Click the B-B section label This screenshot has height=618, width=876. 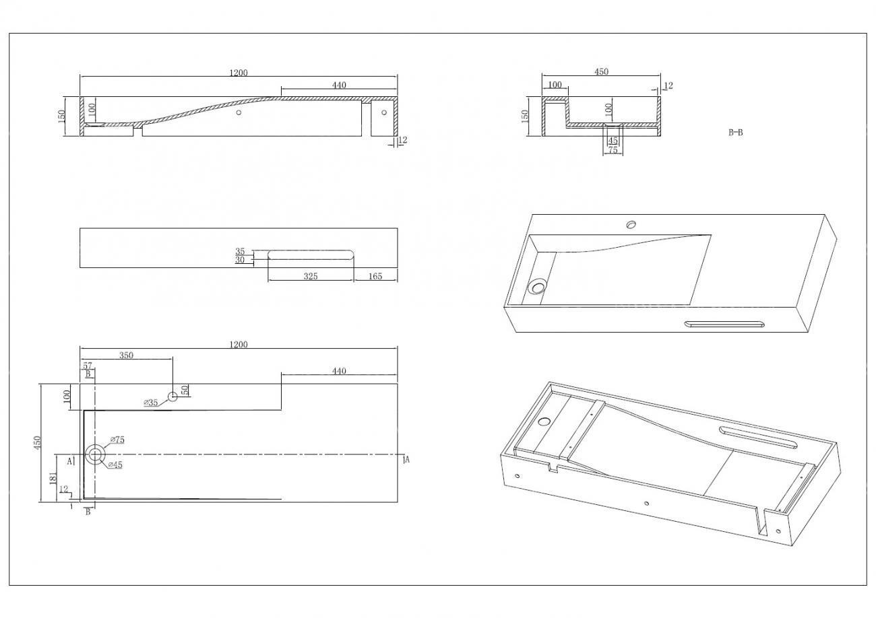coord(735,133)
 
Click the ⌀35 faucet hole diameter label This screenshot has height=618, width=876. coord(150,403)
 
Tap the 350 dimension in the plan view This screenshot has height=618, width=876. coord(126,355)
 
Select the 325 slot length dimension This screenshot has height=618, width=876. coord(311,276)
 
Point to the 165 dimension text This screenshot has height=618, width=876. coord(375,276)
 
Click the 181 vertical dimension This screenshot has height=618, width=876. coord(54,478)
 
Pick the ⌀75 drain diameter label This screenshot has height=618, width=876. coord(117,440)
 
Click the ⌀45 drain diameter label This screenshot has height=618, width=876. coord(115,465)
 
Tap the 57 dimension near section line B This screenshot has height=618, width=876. coord(87,366)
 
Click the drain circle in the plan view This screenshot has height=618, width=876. coord(95,454)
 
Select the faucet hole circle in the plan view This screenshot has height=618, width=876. coord(173,397)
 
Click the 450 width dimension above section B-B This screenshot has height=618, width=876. coord(601,71)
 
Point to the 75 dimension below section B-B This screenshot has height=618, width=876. coord(613,149)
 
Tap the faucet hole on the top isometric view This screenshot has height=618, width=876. coord(631,224)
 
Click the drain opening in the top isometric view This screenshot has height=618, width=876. coord(537,286)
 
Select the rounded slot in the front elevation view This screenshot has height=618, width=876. coord(311,254)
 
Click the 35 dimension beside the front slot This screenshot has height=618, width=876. coord(240,251)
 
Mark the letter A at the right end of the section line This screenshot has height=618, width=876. coord(407,459)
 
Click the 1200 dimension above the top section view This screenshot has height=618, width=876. coord(239,73)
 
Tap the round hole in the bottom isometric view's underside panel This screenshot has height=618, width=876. coord(544,421)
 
